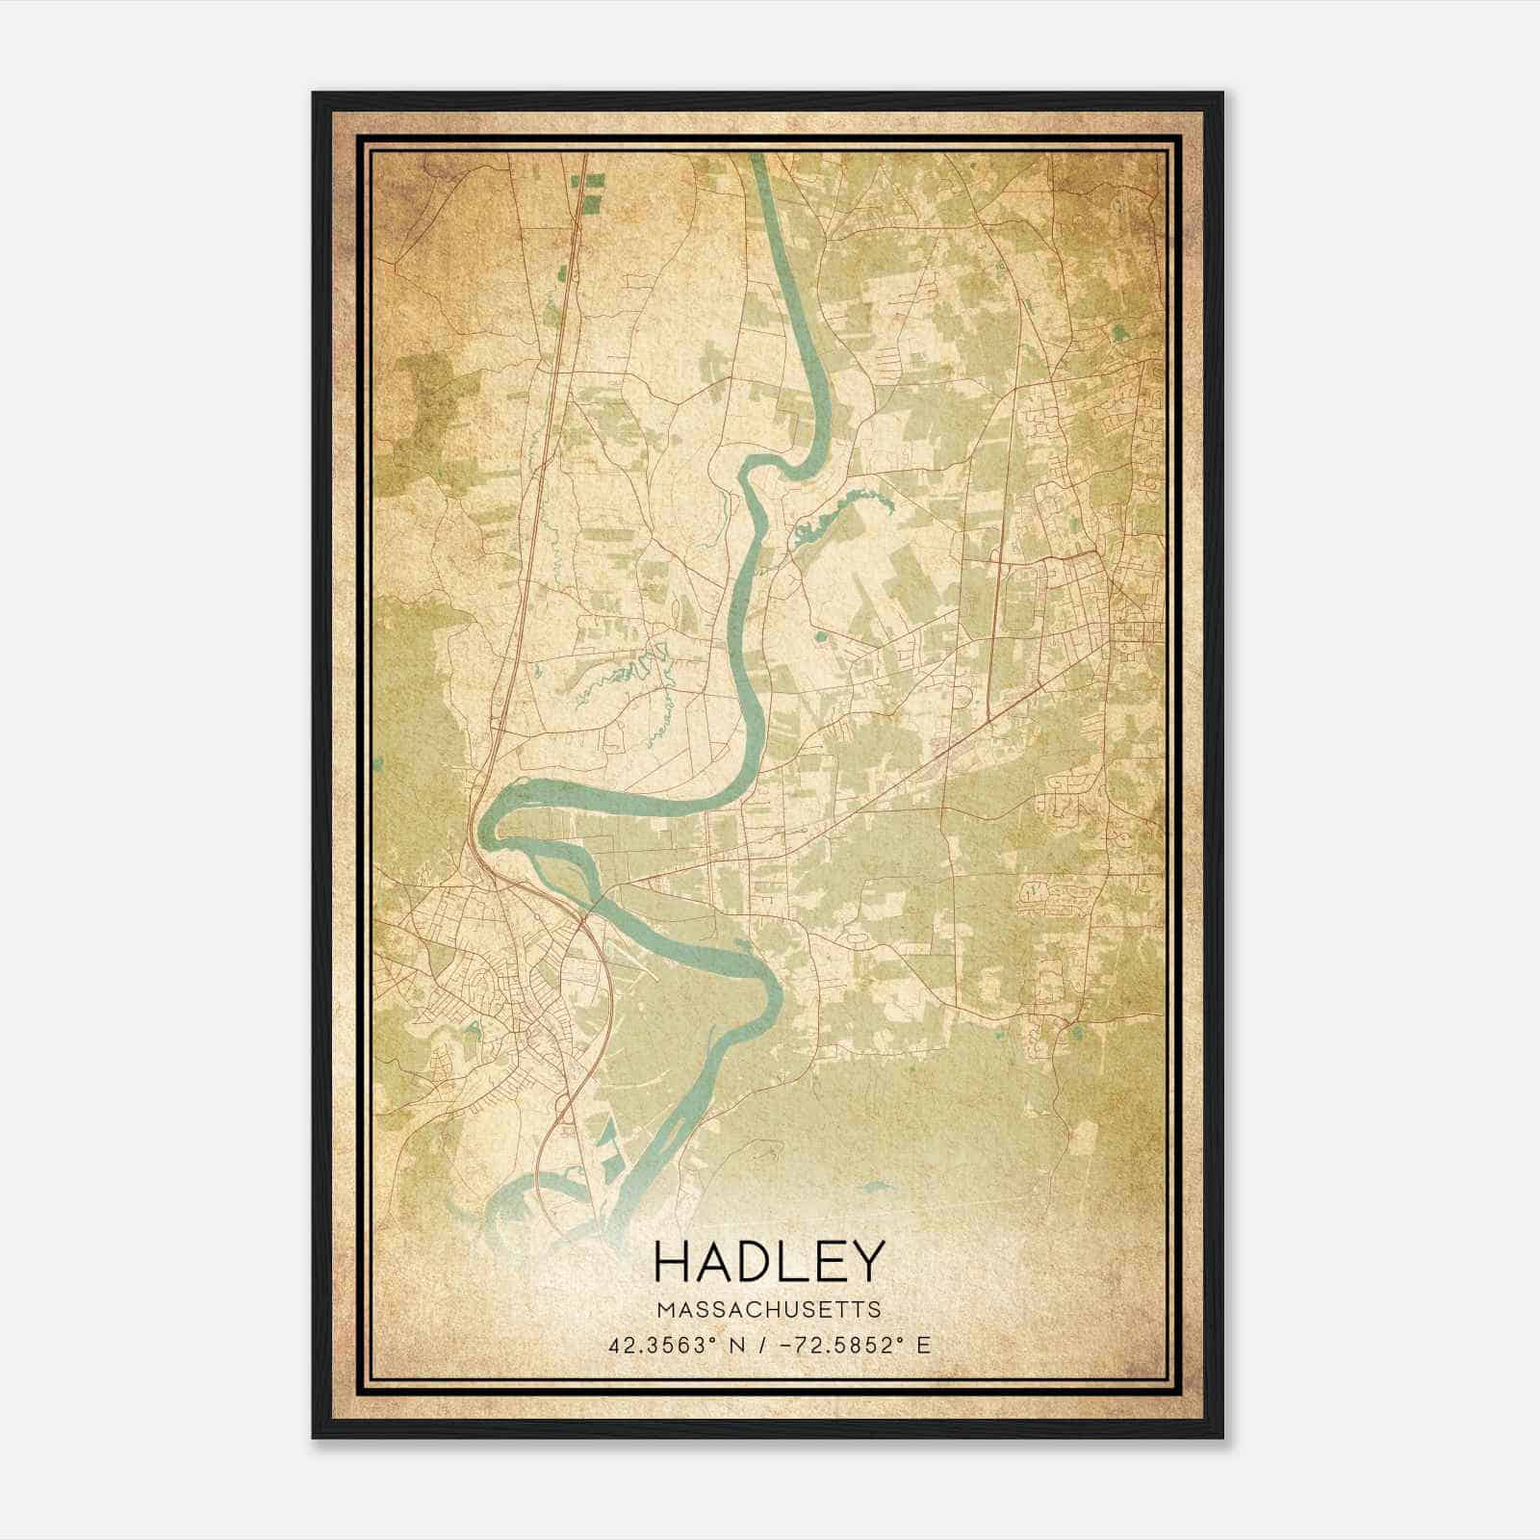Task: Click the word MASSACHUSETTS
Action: pos(769,1309)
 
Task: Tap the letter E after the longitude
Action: pos(923,1345)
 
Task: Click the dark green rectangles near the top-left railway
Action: pos(589,190)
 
